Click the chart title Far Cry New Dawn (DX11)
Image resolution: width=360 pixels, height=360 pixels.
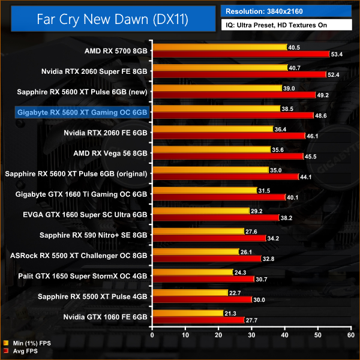tap(112, 20)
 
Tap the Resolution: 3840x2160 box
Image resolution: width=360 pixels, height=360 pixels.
tap(286, 10)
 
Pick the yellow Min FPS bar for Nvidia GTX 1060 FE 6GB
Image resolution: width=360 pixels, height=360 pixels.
tap(188, 313)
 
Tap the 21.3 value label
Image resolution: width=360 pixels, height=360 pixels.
tap(230, 313)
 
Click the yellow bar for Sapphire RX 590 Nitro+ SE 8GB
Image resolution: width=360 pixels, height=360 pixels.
tap(199, 231)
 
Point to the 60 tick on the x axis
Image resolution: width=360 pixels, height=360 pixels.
tap(352, 334)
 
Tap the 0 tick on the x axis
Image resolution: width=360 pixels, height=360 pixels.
tap(153, 334)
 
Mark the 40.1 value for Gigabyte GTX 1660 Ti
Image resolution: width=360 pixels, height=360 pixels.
tap(294, 197)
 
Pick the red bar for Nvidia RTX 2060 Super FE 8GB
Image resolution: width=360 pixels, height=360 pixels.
tap(239, 75)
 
